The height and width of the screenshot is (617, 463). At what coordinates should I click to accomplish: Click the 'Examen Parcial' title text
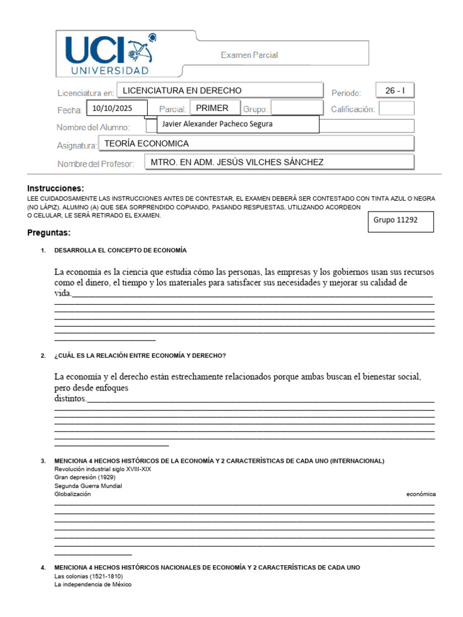pos(249,55)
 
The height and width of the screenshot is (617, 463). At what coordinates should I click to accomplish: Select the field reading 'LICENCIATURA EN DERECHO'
pos(219,90)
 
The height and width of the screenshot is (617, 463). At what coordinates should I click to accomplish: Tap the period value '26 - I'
pos(395,90)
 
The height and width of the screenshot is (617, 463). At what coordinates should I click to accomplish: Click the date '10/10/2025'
pos(117,108)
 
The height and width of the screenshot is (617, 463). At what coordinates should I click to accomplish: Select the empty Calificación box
pos(396,108)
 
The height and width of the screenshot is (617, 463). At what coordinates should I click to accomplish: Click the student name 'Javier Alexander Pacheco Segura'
pos(238,124)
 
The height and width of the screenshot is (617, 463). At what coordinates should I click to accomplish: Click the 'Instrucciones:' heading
pos(56,188)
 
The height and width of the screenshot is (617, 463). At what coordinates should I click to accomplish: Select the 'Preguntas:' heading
pos(49,233)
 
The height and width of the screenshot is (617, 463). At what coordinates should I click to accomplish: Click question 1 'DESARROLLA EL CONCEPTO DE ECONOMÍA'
pos(121,250)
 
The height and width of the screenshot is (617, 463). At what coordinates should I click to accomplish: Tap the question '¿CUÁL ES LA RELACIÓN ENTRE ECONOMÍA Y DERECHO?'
pos(140,355)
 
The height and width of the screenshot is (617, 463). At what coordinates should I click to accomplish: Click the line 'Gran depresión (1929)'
pos(85,477)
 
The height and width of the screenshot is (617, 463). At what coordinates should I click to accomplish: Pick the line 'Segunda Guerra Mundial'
pos(88,486)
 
